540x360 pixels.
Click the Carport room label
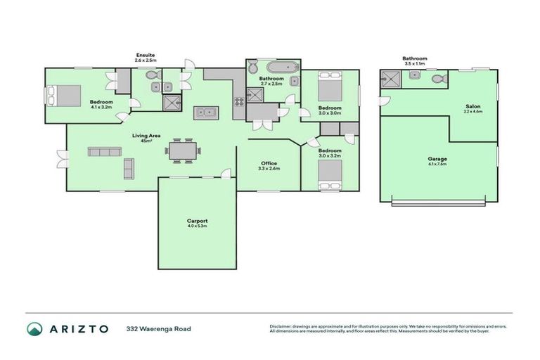197,221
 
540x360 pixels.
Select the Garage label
437,159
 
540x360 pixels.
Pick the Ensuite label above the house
146,55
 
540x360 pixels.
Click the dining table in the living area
184,150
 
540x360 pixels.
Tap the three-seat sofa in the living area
103,151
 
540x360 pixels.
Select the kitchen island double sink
206,112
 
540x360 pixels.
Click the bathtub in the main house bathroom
272,67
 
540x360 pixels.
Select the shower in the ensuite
171,104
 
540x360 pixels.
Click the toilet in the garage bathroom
439,79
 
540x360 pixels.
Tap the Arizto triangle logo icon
34,328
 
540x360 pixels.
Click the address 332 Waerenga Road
158,328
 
